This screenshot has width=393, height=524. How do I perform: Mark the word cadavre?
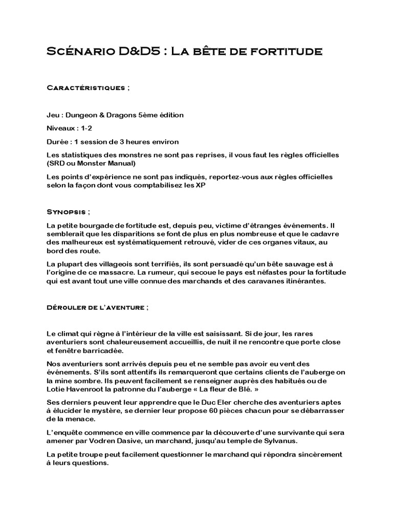pos(323,234)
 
